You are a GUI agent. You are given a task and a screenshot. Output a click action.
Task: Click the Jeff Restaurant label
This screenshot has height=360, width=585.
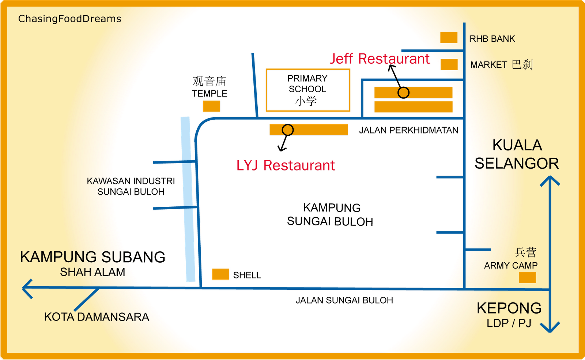[x=380, y=59]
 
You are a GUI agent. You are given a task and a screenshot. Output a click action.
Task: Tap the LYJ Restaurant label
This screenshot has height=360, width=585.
[x=286, y=165]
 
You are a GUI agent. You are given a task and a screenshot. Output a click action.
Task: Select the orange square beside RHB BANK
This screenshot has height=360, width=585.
[x=449, y=37]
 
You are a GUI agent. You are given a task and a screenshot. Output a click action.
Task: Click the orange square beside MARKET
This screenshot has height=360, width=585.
[x=449, y=64]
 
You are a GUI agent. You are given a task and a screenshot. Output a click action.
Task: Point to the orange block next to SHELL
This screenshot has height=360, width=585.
[x=220, y=274]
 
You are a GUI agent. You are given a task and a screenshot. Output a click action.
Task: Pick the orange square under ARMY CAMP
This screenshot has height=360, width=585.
[x=528, y=277]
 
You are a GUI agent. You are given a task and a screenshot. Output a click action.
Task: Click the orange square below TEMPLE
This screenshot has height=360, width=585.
[x=211, y=106]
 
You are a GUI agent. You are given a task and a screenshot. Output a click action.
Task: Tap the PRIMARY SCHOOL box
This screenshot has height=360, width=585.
[x=308, y=90]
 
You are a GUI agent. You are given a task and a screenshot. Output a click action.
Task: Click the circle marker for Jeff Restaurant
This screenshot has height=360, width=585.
[x=403, y=93]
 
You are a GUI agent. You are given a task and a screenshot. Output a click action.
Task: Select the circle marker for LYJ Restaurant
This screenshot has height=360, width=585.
[x=288, y=130]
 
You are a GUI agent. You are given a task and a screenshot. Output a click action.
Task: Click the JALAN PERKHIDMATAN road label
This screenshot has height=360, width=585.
[x=408, y=130]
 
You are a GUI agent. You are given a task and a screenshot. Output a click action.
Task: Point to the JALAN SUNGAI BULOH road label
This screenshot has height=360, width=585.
[x=344, y=300]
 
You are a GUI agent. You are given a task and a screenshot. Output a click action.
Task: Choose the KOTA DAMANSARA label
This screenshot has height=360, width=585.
[x=97, y=317]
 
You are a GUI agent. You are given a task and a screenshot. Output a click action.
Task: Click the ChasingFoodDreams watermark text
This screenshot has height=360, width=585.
[x=69, y=19]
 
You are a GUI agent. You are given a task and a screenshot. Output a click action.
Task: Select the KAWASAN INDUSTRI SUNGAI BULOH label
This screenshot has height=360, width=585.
[x=131, y=186]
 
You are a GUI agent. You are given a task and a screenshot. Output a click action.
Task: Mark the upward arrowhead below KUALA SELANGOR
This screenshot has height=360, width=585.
[x=550, y=181]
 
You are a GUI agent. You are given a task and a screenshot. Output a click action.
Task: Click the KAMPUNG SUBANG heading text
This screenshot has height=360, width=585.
[x=93, y=257]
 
